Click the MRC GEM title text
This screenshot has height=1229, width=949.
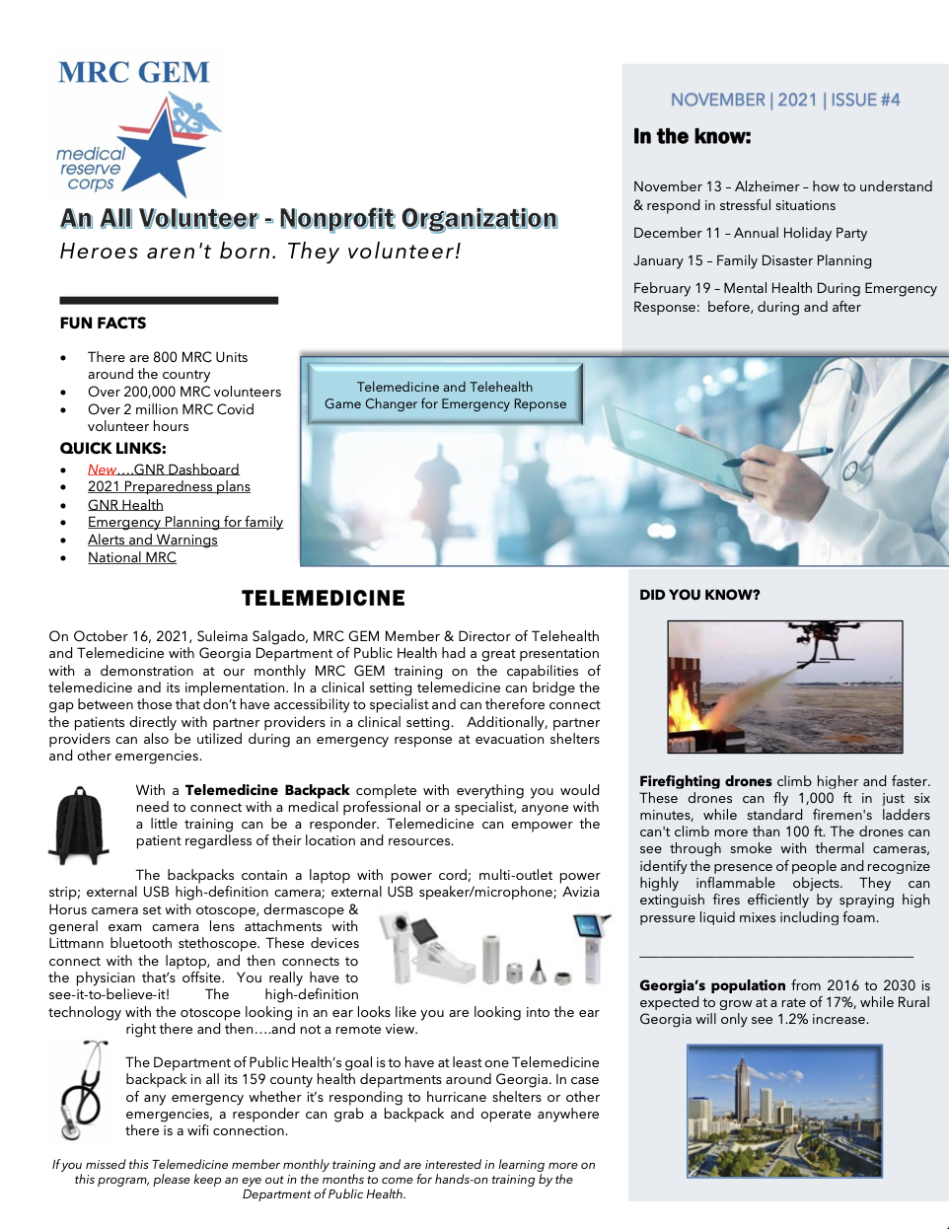[133, 73]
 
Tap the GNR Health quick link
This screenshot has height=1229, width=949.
[125, 505]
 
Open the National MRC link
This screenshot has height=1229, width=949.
[131, 557]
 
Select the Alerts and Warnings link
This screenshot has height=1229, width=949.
[152, 540]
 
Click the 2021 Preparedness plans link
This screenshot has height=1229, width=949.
[169, 486]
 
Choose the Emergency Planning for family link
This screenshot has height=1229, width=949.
[184, 522]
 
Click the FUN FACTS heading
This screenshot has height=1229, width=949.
[103, 324]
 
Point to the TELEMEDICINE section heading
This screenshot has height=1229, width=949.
[323, 599]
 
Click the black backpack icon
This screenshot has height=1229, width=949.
[78, 825]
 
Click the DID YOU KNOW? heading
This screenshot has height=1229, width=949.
[699, 595]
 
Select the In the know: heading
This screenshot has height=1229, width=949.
[692, 137]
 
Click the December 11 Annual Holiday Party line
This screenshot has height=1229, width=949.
[750, 233]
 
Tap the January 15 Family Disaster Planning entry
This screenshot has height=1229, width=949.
[752, 260]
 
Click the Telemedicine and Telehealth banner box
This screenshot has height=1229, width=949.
[445, 395]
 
